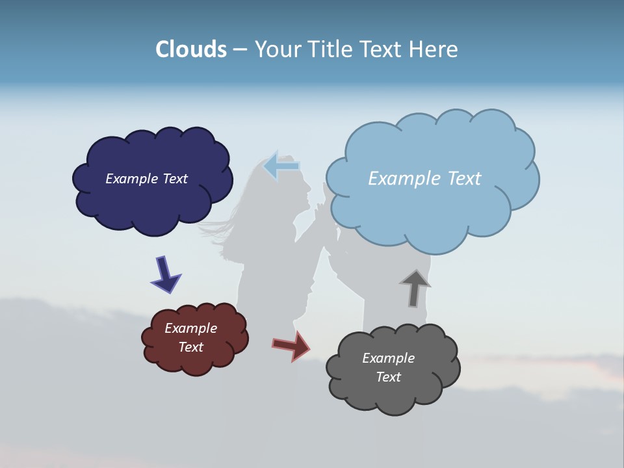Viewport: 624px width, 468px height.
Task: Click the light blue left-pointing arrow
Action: point(281,166)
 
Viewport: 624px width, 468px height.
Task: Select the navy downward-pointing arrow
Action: point(165,274)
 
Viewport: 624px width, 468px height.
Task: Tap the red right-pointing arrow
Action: point(291,345)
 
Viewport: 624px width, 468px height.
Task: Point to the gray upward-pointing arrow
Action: point(415,288)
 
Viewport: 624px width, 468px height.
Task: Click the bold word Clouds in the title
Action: point(191,49)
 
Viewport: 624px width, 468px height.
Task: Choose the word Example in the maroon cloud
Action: point(191,328)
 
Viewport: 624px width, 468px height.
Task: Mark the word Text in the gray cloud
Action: point(388,377)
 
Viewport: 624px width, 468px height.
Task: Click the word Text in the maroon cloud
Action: point(191,347)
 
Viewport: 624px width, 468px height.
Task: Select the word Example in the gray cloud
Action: point(388,358)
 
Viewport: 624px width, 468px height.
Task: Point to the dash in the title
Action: point(240,49)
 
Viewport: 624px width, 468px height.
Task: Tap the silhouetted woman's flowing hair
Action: point(221,227)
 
